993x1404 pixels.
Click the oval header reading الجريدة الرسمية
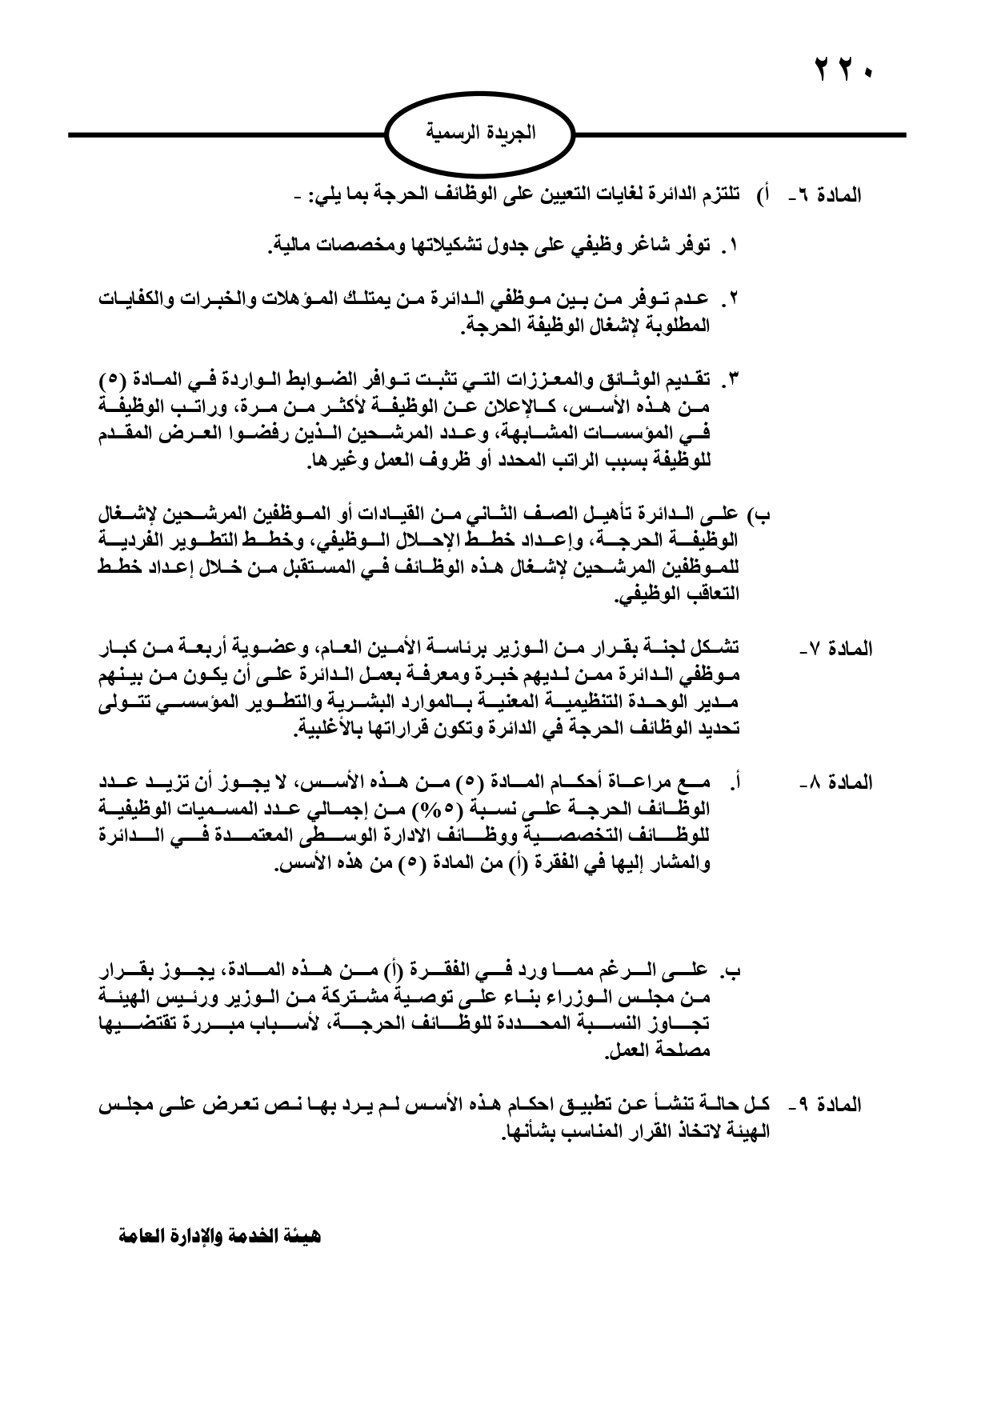coord(480,133)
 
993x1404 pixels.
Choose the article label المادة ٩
coord(826,1106)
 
